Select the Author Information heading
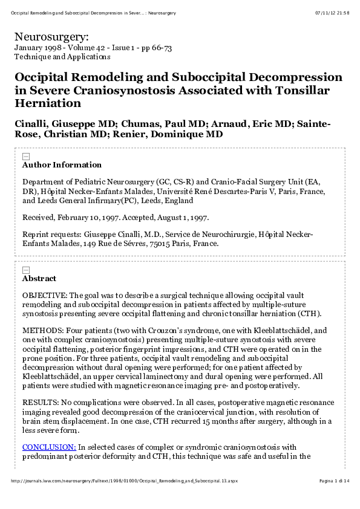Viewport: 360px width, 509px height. coord(62,165)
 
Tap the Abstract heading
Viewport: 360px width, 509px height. coord(39,279)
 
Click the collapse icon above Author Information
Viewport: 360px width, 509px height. coord(25,156)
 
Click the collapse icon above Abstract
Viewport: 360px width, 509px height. coord(25,270)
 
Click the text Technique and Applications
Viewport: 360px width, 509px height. coord(62,57)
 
